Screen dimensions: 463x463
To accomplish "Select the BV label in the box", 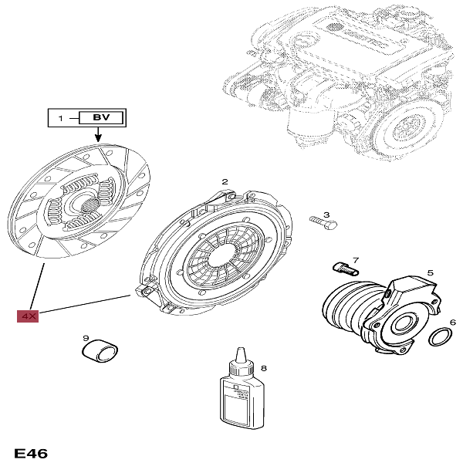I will (x=100, y=118).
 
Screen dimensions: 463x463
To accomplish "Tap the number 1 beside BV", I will (x=60, y=118).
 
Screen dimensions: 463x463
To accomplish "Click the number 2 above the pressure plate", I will (x=225, y=182).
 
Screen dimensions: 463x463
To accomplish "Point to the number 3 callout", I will (x=326, y=215).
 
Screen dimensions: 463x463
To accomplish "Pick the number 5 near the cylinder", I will (x=430, y=272).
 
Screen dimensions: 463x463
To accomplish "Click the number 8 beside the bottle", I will (x=263, y=370).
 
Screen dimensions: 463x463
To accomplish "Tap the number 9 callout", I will (x=86, y=337).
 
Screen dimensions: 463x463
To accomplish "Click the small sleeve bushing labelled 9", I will (x=101, y=353).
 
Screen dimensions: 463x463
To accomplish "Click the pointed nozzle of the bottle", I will (x=242, y=355).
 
